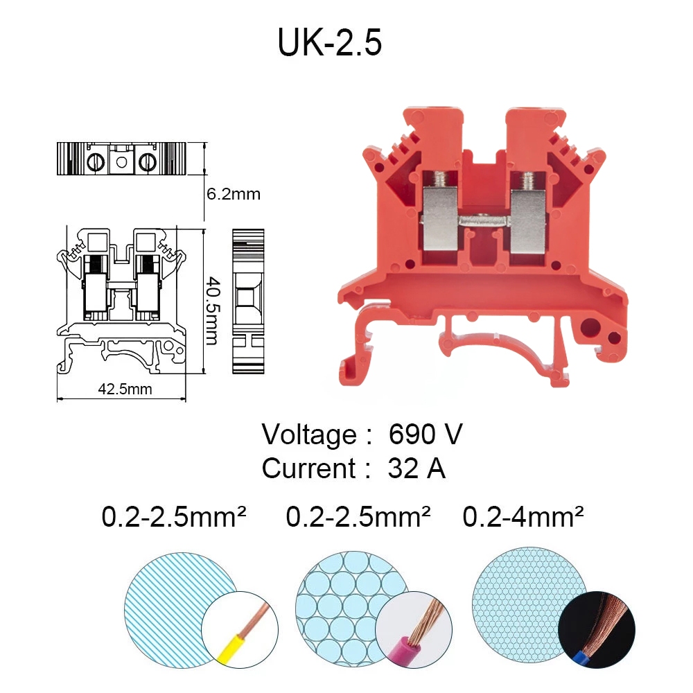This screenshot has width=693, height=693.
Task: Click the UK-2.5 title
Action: (x=330, y=42)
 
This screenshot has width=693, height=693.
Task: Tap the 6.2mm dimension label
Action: (x=234, y=194)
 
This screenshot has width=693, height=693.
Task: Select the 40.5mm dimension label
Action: (x=213, y=310)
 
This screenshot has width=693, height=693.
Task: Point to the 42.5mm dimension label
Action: (x=125, y=389)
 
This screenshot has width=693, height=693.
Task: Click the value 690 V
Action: (x=426, y=434)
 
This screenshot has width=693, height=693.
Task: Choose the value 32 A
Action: (x=416, y=468)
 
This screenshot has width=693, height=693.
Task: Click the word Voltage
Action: (x=309, y=435)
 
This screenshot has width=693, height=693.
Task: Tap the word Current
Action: (x=308, y=468)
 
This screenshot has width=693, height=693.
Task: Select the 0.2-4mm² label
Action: (x=523, y=516)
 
